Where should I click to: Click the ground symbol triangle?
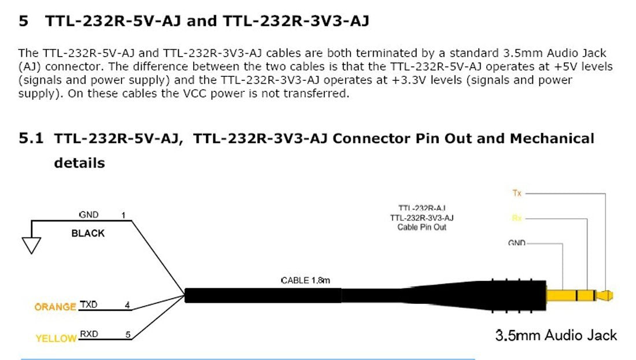(x=32, y=246)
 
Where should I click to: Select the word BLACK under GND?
(x=88, y=233)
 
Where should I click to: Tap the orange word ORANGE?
(x=55, y=307)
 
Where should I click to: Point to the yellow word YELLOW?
(x=56, y=339)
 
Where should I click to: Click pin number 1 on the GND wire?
(x=123, y=216)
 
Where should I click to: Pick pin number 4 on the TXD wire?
(x=127, y=305)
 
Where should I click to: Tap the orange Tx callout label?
(x=517, y=193)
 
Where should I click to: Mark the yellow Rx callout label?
(x=516, y=218)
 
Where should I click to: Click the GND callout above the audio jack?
(x=516, y=243)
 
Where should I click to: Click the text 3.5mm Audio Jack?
(x=556, y=335)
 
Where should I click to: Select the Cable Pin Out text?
(x=421, y=227)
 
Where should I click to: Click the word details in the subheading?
(x=79, y=163)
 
